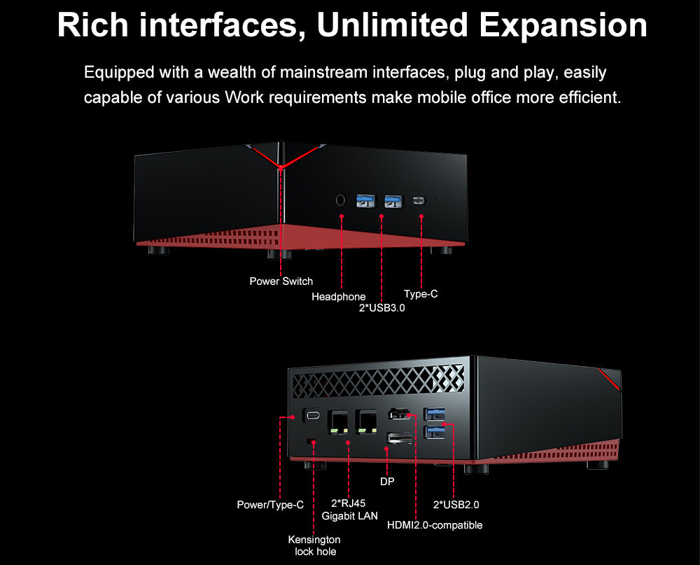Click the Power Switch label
pyautogui.click(x=281, y=281)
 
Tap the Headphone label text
pyautogui.click(x=339, y=297)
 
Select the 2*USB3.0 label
pyautogui.click(x=382, y=307)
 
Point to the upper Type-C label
pyautogui.click(x=421, y=294)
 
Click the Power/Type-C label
pyautogui.click(x=270, y=504)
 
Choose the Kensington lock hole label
pyautogui.click(x=314, y=545)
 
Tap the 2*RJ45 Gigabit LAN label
pyautogui.click(x=349, y=509)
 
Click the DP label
pyautogui.click(x=387, y=482)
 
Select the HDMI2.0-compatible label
pyautogui.click(x=435, y=524)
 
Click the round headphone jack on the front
pyautogui.click(x=341, y=200)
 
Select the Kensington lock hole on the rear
pyautogui.click(x=313, y=441)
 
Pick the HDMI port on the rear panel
pyautogui.click(x=400, y=415)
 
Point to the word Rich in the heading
pyautogui.click(x=92, y=25)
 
